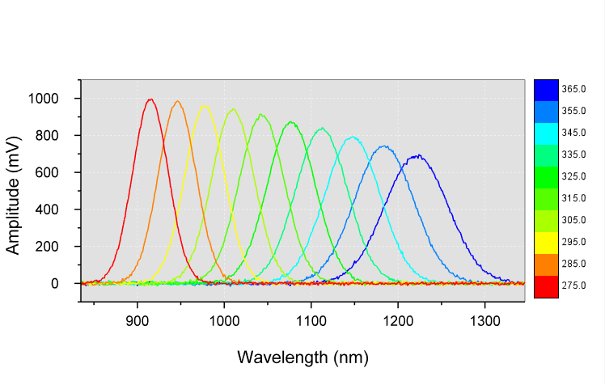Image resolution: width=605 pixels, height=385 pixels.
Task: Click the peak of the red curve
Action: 150,99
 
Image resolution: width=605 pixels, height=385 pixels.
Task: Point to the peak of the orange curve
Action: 177,101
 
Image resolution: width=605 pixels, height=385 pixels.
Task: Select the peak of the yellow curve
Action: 204,105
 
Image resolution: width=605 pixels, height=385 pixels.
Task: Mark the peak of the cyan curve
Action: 353,137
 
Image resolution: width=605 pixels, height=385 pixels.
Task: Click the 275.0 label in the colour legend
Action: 573,286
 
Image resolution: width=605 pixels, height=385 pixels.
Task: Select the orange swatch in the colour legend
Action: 546,264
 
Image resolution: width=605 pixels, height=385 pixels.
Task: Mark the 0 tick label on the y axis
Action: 54,284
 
